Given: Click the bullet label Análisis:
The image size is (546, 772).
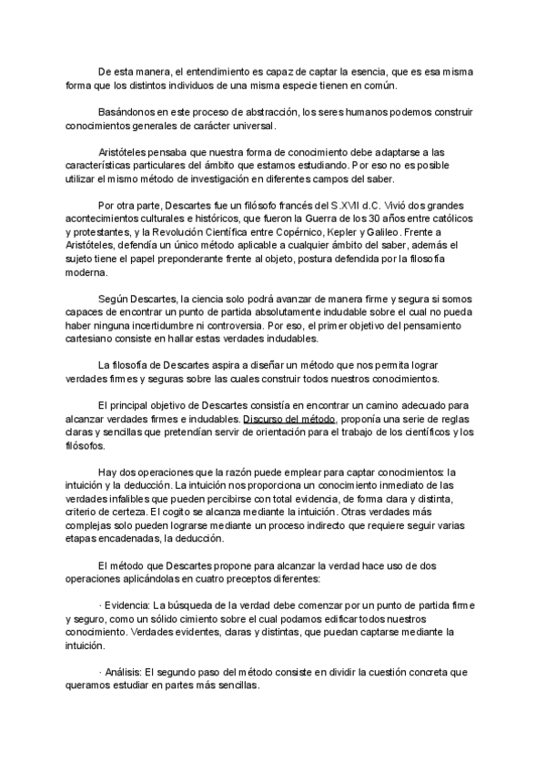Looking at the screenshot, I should pos(124,672).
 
